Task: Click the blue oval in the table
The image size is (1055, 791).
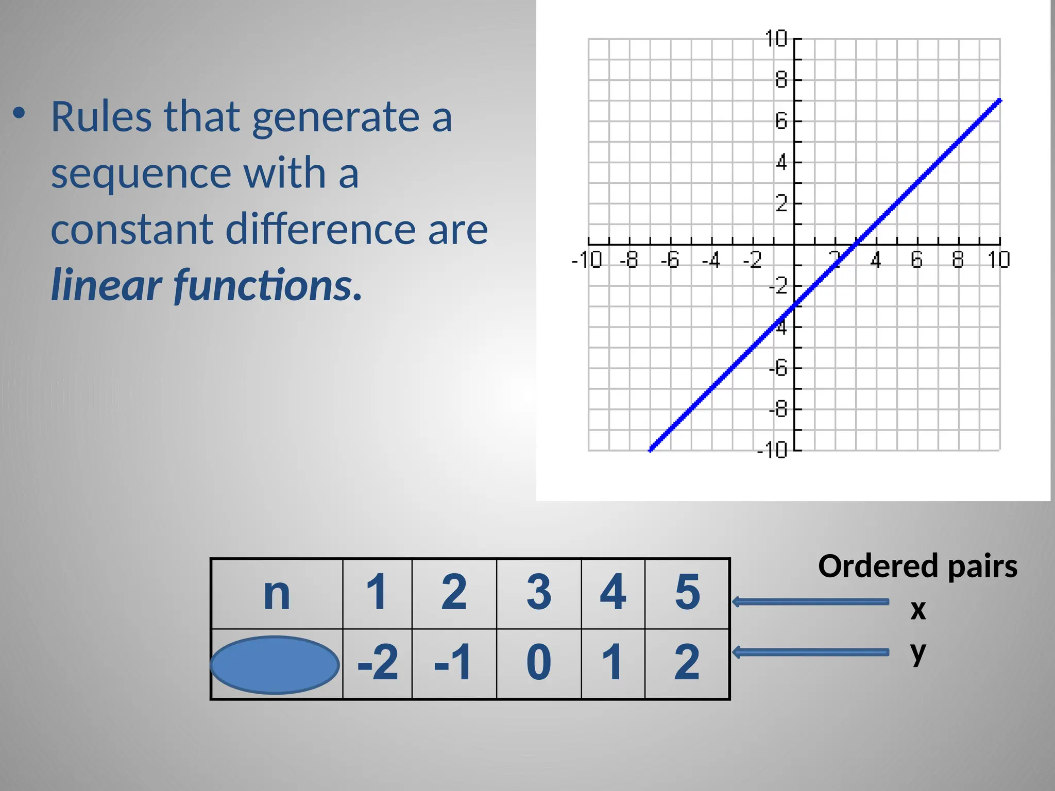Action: coord(275,664)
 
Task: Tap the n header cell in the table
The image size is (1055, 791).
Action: coord(277,593)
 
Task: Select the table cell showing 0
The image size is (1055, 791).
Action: coord(539,663)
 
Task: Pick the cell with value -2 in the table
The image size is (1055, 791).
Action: coord(378,663)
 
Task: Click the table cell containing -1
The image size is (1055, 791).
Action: coord(453,663)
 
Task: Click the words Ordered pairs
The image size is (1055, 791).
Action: coord(917,566)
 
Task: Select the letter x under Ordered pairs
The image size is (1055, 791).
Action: coord(918,610)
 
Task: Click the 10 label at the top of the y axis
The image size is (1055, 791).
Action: coord(776,39)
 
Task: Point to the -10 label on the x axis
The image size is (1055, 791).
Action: coord(587,260)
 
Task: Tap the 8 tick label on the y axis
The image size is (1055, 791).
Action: coord(781,80)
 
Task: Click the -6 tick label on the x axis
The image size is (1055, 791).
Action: coord(670,260)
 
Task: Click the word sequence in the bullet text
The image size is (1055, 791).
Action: coord(141,174)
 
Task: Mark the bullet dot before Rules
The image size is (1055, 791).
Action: coord(19,113)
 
